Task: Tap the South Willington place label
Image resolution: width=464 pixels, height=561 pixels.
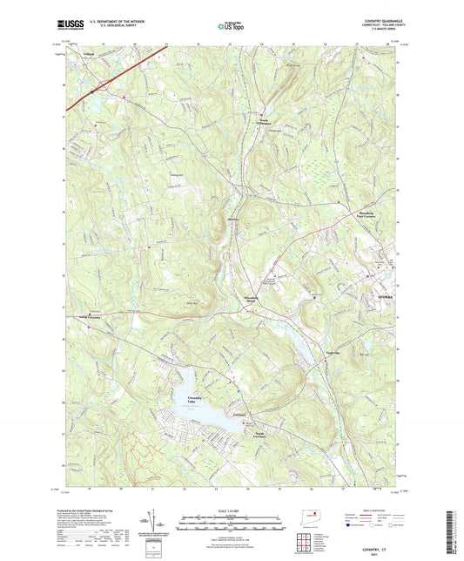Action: pyautogui.click(x=267, y=121)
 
